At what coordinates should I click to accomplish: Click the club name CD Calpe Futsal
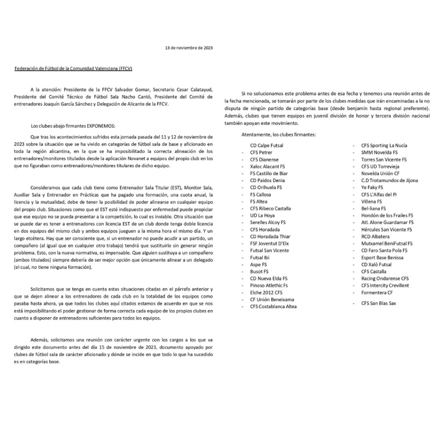tap(266, 146)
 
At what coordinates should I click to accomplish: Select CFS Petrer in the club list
tap(261, 153)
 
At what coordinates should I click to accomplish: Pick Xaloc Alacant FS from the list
tap(267, 166)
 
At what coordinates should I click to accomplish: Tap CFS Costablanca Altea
tap(273, 306)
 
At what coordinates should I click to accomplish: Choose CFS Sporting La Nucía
tap(384, 146)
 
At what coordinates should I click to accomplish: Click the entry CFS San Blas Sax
tap(379, 303)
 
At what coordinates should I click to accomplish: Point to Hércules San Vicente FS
tap(386, 229)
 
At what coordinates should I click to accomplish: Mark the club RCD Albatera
tap(375, 236)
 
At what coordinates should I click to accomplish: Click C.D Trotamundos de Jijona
tap(389, 180)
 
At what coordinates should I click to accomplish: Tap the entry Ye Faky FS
tap(372, 187)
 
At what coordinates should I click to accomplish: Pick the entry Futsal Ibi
tap(260, 257)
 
